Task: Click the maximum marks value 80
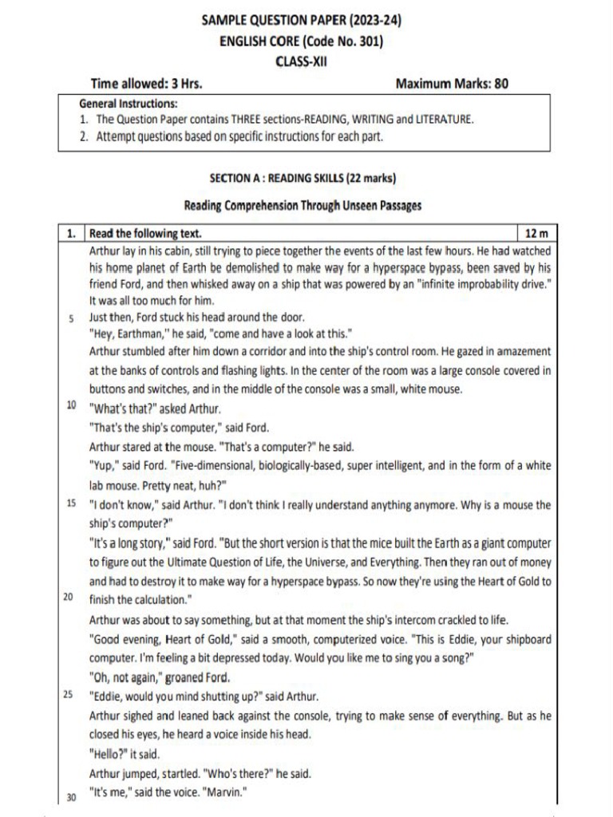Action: click(500, 83)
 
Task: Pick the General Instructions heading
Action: click(129, 104)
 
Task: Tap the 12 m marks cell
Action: click(536, 234)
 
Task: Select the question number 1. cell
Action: click(71, 234)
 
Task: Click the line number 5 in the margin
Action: click(71, 318)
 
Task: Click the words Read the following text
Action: click(145, 234)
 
